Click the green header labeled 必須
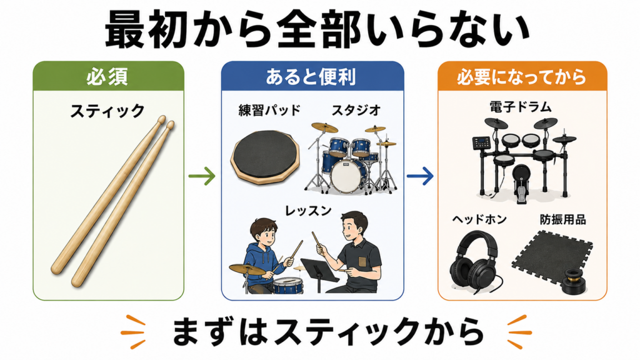point(108,76)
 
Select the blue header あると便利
point(312,76)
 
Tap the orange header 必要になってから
point(522,76)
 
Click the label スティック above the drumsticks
point(107,111)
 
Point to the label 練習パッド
point(269,110)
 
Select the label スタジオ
point(356,110)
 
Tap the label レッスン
point(308,211)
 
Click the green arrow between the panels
point(202,176)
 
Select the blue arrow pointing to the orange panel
point(421,176)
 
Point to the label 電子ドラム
point(521,107)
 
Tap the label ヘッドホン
point(479,219)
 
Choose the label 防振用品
point(563,219)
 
